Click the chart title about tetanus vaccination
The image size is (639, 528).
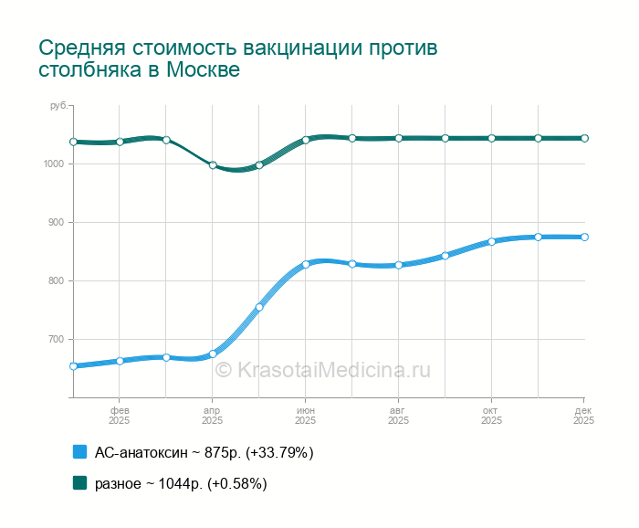click(238, 58)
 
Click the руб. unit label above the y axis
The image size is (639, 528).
click(58, 107)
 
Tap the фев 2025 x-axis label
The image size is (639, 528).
click(120, 416)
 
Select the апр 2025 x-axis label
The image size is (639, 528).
click(213, 416)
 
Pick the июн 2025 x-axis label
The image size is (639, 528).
click(306, 416)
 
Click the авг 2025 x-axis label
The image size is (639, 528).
click(399, 416)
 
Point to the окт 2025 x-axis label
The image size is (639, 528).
click(492, 416)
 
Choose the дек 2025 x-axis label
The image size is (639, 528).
click(584, 416)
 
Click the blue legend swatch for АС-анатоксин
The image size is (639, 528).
click(79, 452)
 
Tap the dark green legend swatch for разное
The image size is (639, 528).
click(79, 483)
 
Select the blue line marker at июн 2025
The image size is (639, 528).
click(306, 264)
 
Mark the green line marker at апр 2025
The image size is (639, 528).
click(213, 165)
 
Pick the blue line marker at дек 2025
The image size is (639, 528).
click(585, 237)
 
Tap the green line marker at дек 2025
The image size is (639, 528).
click(585, 138)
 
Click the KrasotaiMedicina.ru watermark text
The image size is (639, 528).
click(322, 370)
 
